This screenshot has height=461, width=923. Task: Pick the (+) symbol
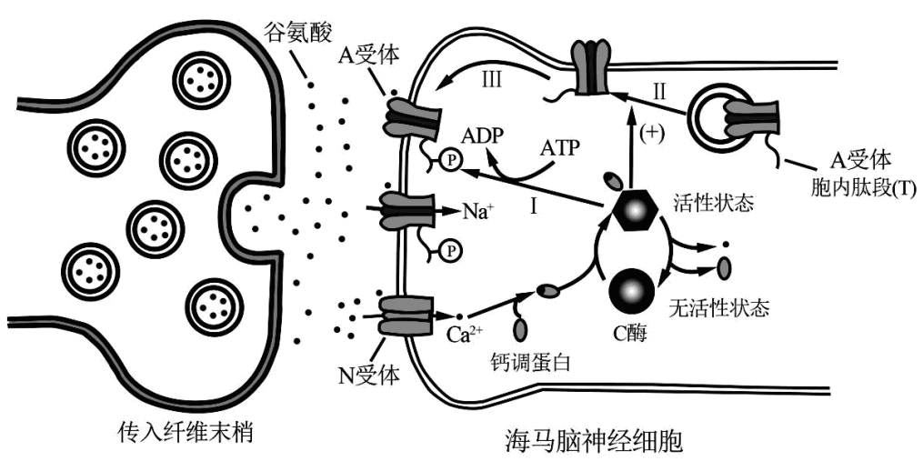point(653,134)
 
